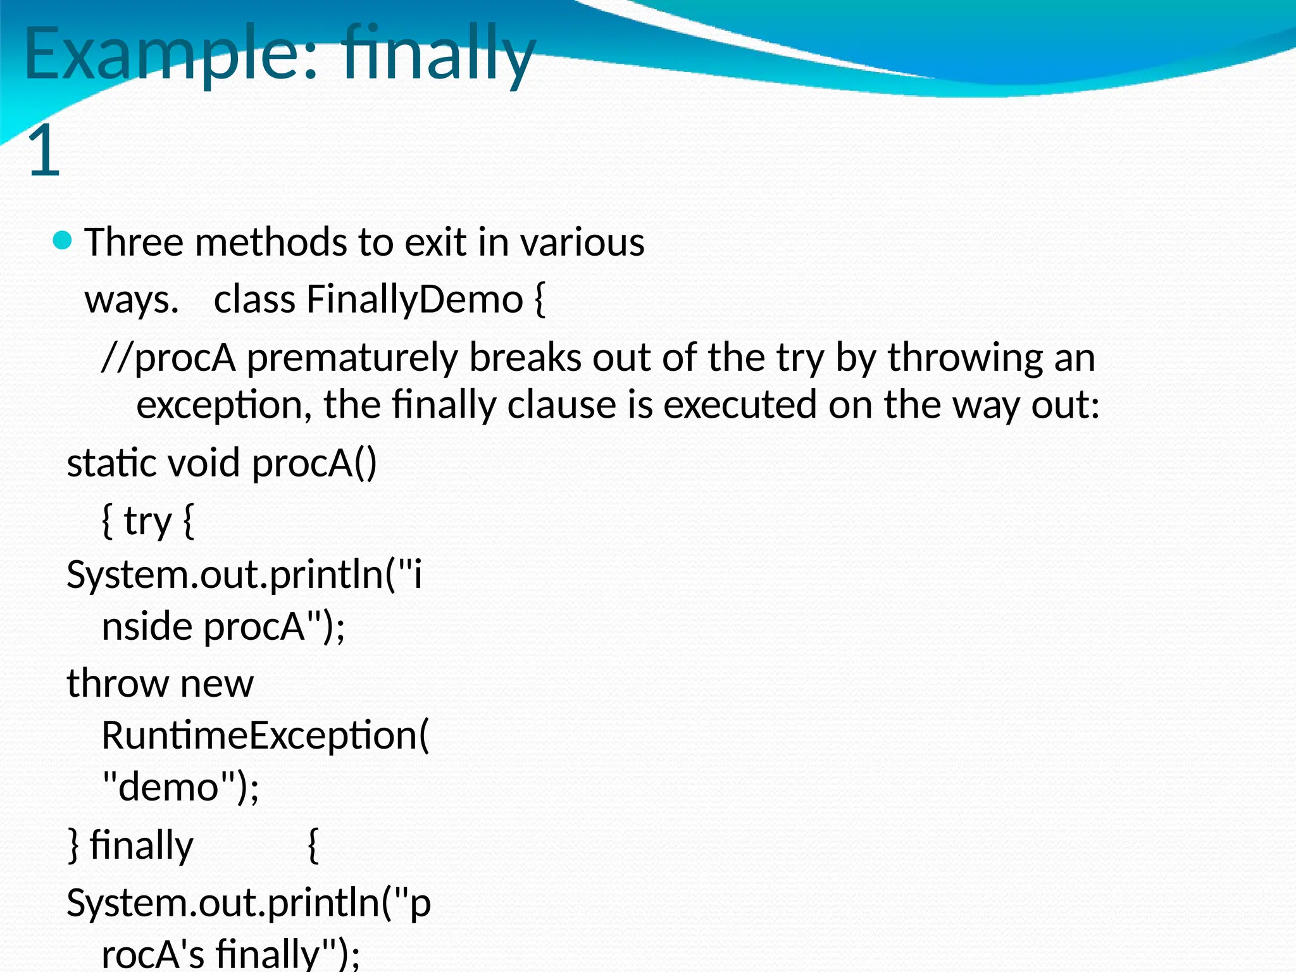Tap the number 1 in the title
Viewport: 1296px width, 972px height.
click(44, 151)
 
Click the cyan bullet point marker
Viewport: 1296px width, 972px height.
click(63, 240)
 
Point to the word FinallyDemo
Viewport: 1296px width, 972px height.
click(414, 299)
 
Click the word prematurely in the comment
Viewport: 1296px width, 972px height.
click(351, 358)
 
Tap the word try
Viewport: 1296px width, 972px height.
click(147, 521)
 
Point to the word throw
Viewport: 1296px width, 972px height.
click(118, 683)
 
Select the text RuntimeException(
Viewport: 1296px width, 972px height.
click(265, 736)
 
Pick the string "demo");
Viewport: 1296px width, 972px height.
click(180, 787)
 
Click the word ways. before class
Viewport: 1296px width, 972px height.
click(132, 301)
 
